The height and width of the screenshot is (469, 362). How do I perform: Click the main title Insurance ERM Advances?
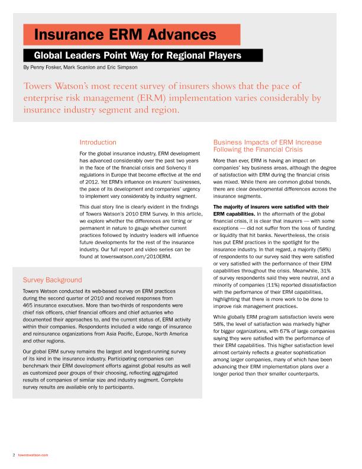124,34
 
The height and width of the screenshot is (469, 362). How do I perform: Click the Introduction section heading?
98,143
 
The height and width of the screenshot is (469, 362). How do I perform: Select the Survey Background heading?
52,280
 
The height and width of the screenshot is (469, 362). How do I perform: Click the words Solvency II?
189,168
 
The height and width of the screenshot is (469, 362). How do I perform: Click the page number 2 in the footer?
14,455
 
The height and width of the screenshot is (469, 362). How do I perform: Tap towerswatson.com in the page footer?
33,455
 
